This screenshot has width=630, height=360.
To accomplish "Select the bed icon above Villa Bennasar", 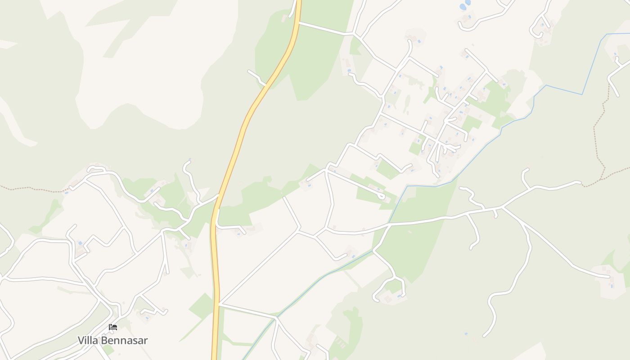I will click(x=113, y=327).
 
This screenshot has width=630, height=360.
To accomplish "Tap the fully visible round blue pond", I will click(x=462, y=7).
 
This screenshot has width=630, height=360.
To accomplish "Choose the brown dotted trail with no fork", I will click(x=31, y=189).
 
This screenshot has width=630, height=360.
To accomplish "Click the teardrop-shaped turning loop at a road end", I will click(x=382, y=196).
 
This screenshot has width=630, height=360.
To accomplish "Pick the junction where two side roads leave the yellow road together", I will click(x=219, y=304).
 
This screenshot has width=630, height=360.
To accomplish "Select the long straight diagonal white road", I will click(x=259, y=268).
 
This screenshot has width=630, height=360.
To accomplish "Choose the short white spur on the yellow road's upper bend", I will click(x=256, y=76).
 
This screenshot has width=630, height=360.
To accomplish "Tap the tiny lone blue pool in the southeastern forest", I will click(x=466, y=334).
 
